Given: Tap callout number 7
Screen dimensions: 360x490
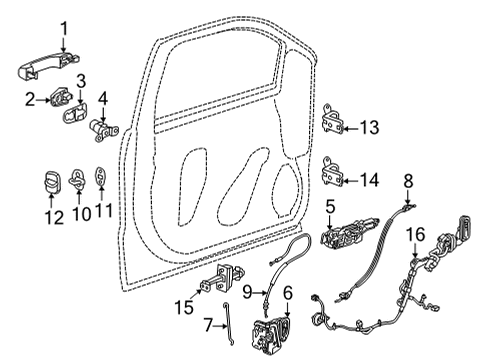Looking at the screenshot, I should point(207,327).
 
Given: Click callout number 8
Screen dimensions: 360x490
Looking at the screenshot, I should point(408,180).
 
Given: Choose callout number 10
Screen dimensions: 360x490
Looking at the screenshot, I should point(79,213).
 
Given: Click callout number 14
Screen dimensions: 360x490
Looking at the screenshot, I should point(370,181).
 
